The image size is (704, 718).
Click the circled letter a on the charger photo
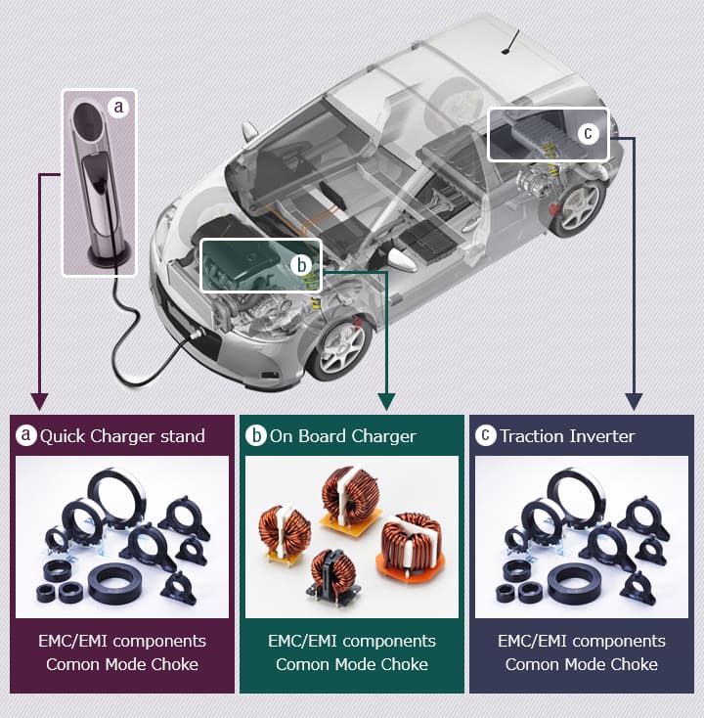coord(118,107)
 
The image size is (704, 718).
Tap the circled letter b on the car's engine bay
coord(302,265)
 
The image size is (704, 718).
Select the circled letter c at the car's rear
coord(589,133)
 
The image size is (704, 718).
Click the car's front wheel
coord(339,349)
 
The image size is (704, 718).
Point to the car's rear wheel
coord(579,207)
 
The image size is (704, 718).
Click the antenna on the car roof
coord(510,42)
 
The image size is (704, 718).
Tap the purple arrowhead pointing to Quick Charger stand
coord(40,401)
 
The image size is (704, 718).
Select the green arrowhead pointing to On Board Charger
coord(387,401)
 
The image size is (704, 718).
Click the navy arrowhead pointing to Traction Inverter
coord(634,401)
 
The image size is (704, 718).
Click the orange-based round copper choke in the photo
coord(410,546)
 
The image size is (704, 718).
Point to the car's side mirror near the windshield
coord(249,132)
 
